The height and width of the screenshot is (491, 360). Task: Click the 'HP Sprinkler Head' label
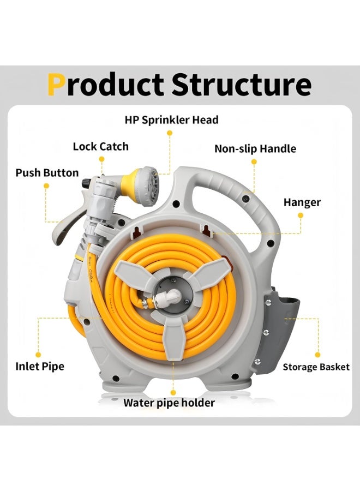pos(172,120)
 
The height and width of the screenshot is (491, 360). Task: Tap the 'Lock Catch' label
pos(101,147)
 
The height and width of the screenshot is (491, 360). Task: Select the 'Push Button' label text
pos(47,173)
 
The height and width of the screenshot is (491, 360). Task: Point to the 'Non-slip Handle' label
pos(255,148)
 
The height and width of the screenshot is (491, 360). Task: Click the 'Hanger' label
pos(302,202)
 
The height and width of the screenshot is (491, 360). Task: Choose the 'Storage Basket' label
pos(316,367)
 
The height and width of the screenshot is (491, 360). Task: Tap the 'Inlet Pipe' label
pos(40,367)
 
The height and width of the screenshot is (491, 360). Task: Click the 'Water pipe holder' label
pos(169,403)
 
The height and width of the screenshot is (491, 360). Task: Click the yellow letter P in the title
pos(57,85)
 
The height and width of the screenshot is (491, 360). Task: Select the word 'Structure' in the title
pos(241,85)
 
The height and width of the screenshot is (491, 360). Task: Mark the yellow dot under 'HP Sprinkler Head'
pos(170,133)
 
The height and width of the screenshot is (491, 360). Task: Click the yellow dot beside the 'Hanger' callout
pos(301,215)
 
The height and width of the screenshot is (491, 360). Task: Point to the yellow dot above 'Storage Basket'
pos(317,355)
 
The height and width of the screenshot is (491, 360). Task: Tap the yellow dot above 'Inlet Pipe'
pos(38,355)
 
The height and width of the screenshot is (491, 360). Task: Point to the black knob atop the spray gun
pos(86,182)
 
